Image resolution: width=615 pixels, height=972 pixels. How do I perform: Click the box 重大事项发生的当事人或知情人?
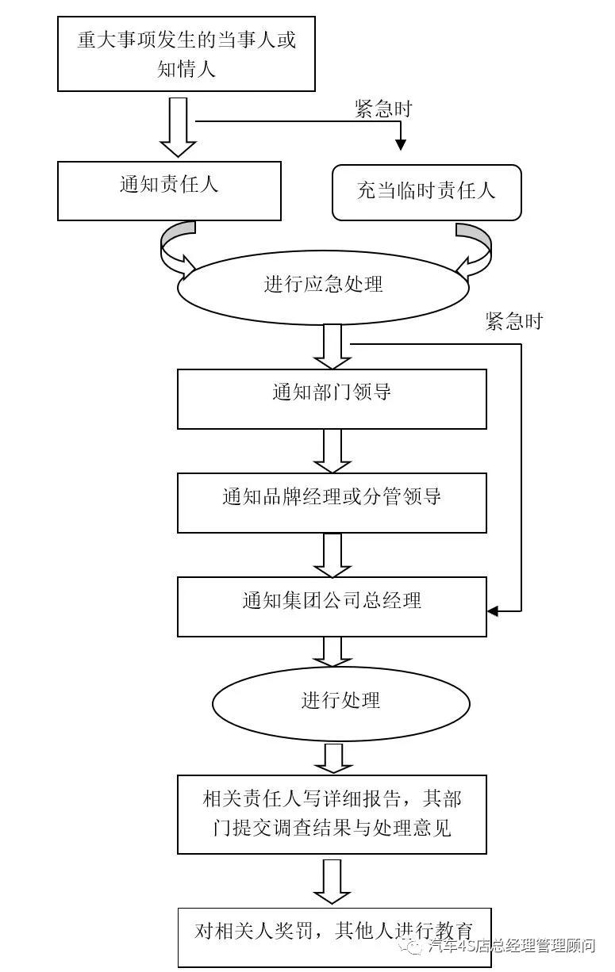pyautogui.click(x=186, y=54)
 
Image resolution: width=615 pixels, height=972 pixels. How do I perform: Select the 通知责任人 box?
pyautogui.click(x=169, y=190)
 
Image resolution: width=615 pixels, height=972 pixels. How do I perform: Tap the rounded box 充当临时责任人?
pyautogui.click(x=426, y=192)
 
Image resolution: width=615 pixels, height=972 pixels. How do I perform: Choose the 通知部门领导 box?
pyautogui.click(x=332, y=399)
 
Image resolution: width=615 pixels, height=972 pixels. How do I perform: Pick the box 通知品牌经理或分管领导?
pyautogui.click(x=332, y=503)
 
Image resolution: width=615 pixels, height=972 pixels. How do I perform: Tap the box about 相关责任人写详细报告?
pyautogui.click(x=332, y=814)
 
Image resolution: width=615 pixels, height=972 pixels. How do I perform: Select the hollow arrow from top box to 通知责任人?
pyautogui.click(x=178, y=127)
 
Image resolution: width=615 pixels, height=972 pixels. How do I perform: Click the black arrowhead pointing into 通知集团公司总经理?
pyautogui.click(x=493, y=611)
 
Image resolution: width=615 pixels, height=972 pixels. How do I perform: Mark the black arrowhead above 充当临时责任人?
pyautogui.click(x=401, y=145)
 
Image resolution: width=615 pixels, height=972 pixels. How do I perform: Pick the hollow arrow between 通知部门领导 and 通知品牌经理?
pyautogui.click(x=332, y=451)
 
